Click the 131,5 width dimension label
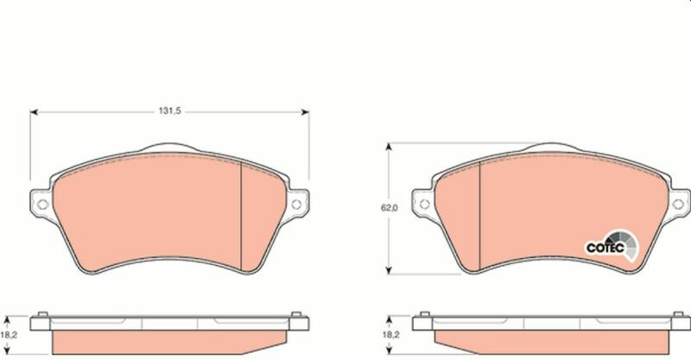(x=169, y=111)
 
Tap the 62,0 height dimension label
(x=390, y=208)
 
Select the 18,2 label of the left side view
(x=9, y=335)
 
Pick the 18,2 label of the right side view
(x=390, y=335)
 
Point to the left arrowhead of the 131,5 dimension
(x=34, y=112)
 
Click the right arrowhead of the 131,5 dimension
(x=305, y=112)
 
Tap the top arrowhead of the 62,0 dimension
(x=389, y=147)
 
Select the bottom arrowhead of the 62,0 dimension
(x=389, y=269)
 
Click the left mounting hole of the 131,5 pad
(x=42, y=204)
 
